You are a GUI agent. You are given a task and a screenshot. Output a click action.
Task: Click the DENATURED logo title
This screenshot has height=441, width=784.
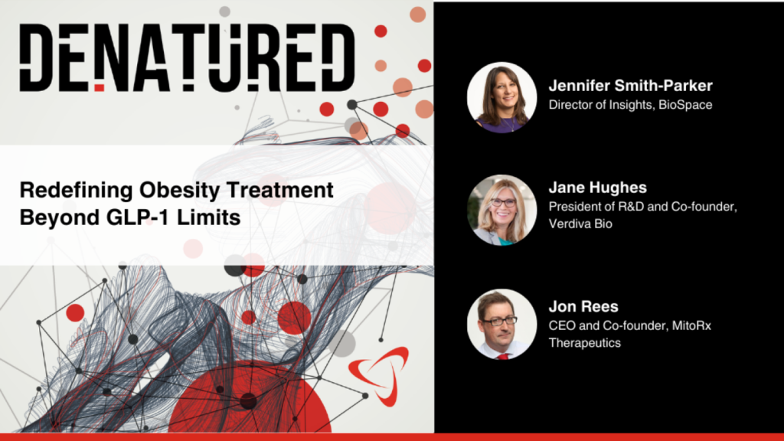(187, 57)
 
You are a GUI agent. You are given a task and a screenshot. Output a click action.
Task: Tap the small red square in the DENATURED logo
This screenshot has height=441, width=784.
(100, 88)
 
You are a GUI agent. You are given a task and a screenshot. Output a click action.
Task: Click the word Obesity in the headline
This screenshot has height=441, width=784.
(179, 191)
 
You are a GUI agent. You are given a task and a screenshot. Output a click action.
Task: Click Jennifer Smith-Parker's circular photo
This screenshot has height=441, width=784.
(502, 97)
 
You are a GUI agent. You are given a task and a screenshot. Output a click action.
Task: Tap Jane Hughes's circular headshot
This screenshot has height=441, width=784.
(502, 210)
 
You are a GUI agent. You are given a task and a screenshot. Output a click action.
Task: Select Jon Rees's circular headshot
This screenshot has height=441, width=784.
(502, 324)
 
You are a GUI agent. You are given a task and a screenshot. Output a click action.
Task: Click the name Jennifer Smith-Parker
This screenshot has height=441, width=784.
(631, 86)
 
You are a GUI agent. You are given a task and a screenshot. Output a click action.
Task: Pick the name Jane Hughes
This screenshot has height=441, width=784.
(597, 188)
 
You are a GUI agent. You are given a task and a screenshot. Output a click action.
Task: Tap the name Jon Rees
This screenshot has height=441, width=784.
(583, 306)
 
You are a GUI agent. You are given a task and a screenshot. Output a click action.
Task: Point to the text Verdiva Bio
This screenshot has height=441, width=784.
(580, 224)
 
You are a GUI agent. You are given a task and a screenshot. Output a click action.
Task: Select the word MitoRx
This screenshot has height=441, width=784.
(691, 326)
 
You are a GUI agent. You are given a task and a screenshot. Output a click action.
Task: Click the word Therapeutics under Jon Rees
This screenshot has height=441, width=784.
(584, 343)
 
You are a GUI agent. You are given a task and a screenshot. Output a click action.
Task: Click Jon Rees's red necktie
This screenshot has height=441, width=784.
(502, 357)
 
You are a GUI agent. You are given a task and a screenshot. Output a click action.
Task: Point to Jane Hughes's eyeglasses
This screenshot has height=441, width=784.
(503, 202)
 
